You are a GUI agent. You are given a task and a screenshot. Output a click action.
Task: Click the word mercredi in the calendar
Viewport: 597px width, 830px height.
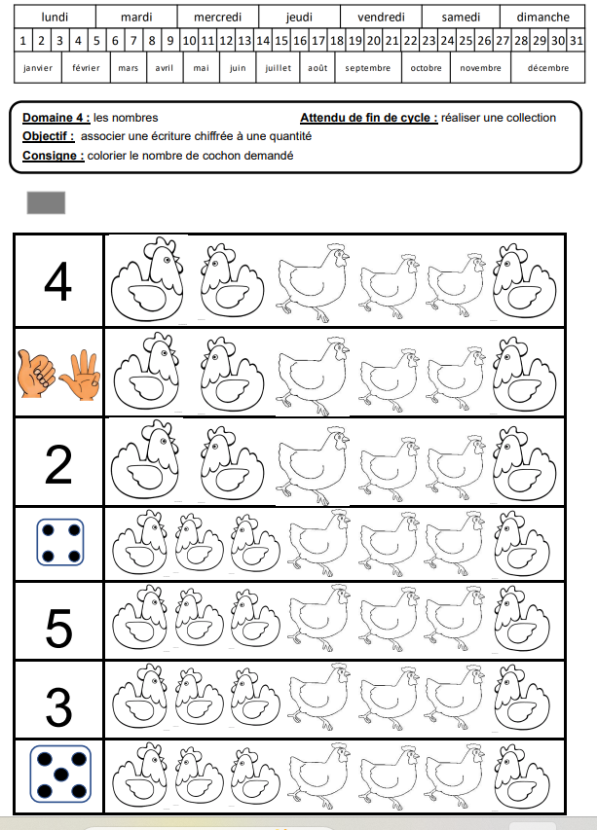218,17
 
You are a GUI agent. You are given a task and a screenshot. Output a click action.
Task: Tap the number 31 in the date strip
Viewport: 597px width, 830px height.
577,41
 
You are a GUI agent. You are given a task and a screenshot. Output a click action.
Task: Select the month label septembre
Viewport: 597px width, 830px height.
367,68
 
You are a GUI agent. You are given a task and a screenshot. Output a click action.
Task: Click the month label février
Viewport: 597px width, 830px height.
86,68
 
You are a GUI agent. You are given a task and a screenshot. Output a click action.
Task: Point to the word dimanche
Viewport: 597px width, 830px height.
542,17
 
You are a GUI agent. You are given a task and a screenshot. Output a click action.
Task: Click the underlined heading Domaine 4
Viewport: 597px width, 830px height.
56,118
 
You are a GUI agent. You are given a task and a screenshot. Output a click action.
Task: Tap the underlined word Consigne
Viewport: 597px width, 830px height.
53,156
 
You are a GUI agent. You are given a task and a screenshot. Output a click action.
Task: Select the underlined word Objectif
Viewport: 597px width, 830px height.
48,136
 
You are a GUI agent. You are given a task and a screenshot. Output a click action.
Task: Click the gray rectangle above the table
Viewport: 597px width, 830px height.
47,202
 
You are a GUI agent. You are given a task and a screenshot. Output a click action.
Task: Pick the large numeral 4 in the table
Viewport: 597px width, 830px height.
58,282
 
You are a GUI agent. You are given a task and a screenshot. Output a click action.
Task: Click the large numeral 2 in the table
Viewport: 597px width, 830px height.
58,464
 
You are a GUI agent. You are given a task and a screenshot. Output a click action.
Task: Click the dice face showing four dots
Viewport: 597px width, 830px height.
58,543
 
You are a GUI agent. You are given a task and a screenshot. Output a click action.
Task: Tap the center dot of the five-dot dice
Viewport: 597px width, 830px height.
59,775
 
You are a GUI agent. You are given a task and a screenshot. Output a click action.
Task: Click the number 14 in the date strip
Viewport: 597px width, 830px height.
262,41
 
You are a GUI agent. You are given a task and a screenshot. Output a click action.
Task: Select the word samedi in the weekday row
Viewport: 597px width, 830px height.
461,17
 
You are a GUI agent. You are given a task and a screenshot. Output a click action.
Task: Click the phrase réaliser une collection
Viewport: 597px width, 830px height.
499,118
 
